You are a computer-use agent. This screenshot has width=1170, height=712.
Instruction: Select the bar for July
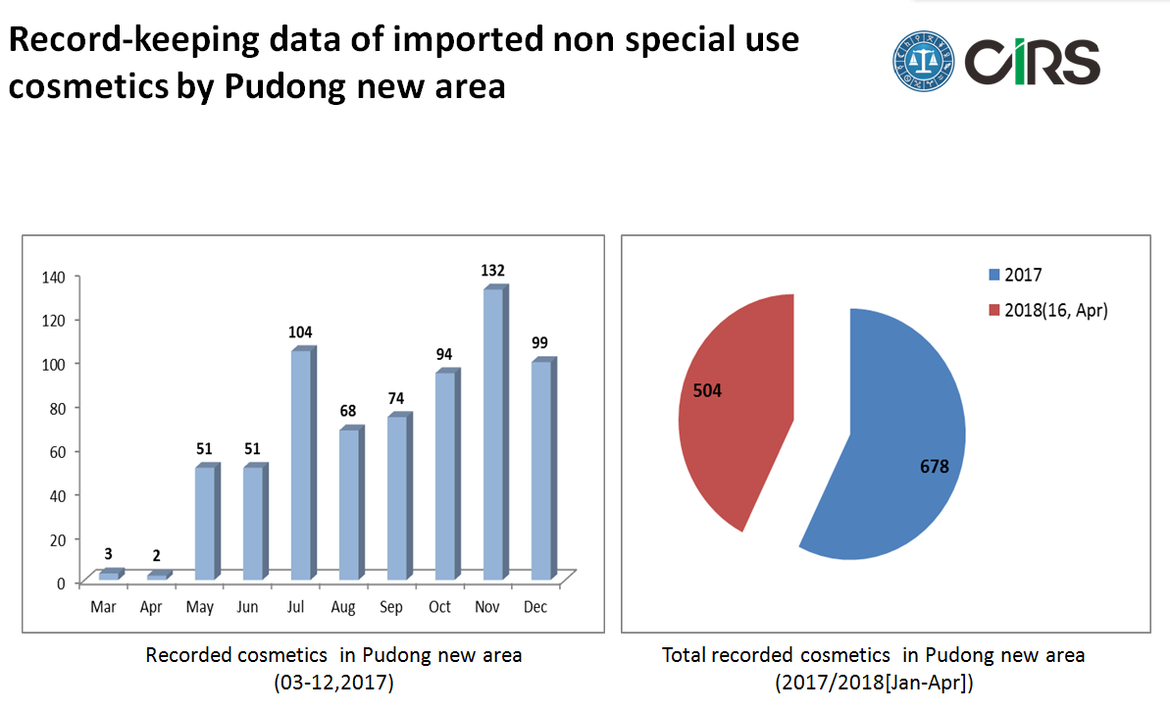coord(301,463)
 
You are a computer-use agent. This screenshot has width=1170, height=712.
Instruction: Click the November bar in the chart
coord(493,432)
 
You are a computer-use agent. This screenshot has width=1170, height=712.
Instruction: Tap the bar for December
coord(541,469)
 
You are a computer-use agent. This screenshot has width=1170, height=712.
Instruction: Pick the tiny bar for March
coord(109,575)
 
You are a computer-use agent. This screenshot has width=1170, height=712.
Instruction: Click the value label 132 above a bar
coord(493,270)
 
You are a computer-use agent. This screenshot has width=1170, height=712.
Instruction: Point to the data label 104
coord(301,332)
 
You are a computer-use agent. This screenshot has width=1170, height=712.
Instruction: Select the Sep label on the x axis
coord(391,608)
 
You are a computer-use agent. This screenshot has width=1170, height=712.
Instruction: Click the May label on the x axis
coord(200,608)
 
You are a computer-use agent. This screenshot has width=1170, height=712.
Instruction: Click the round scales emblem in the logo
coord(924,61)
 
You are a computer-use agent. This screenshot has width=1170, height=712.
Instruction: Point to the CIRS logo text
coord(1032,61)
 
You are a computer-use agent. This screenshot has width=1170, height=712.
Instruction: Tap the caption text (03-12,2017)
coord(333,683)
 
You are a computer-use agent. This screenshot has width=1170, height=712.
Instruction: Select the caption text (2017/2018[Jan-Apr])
coord(873,683)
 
